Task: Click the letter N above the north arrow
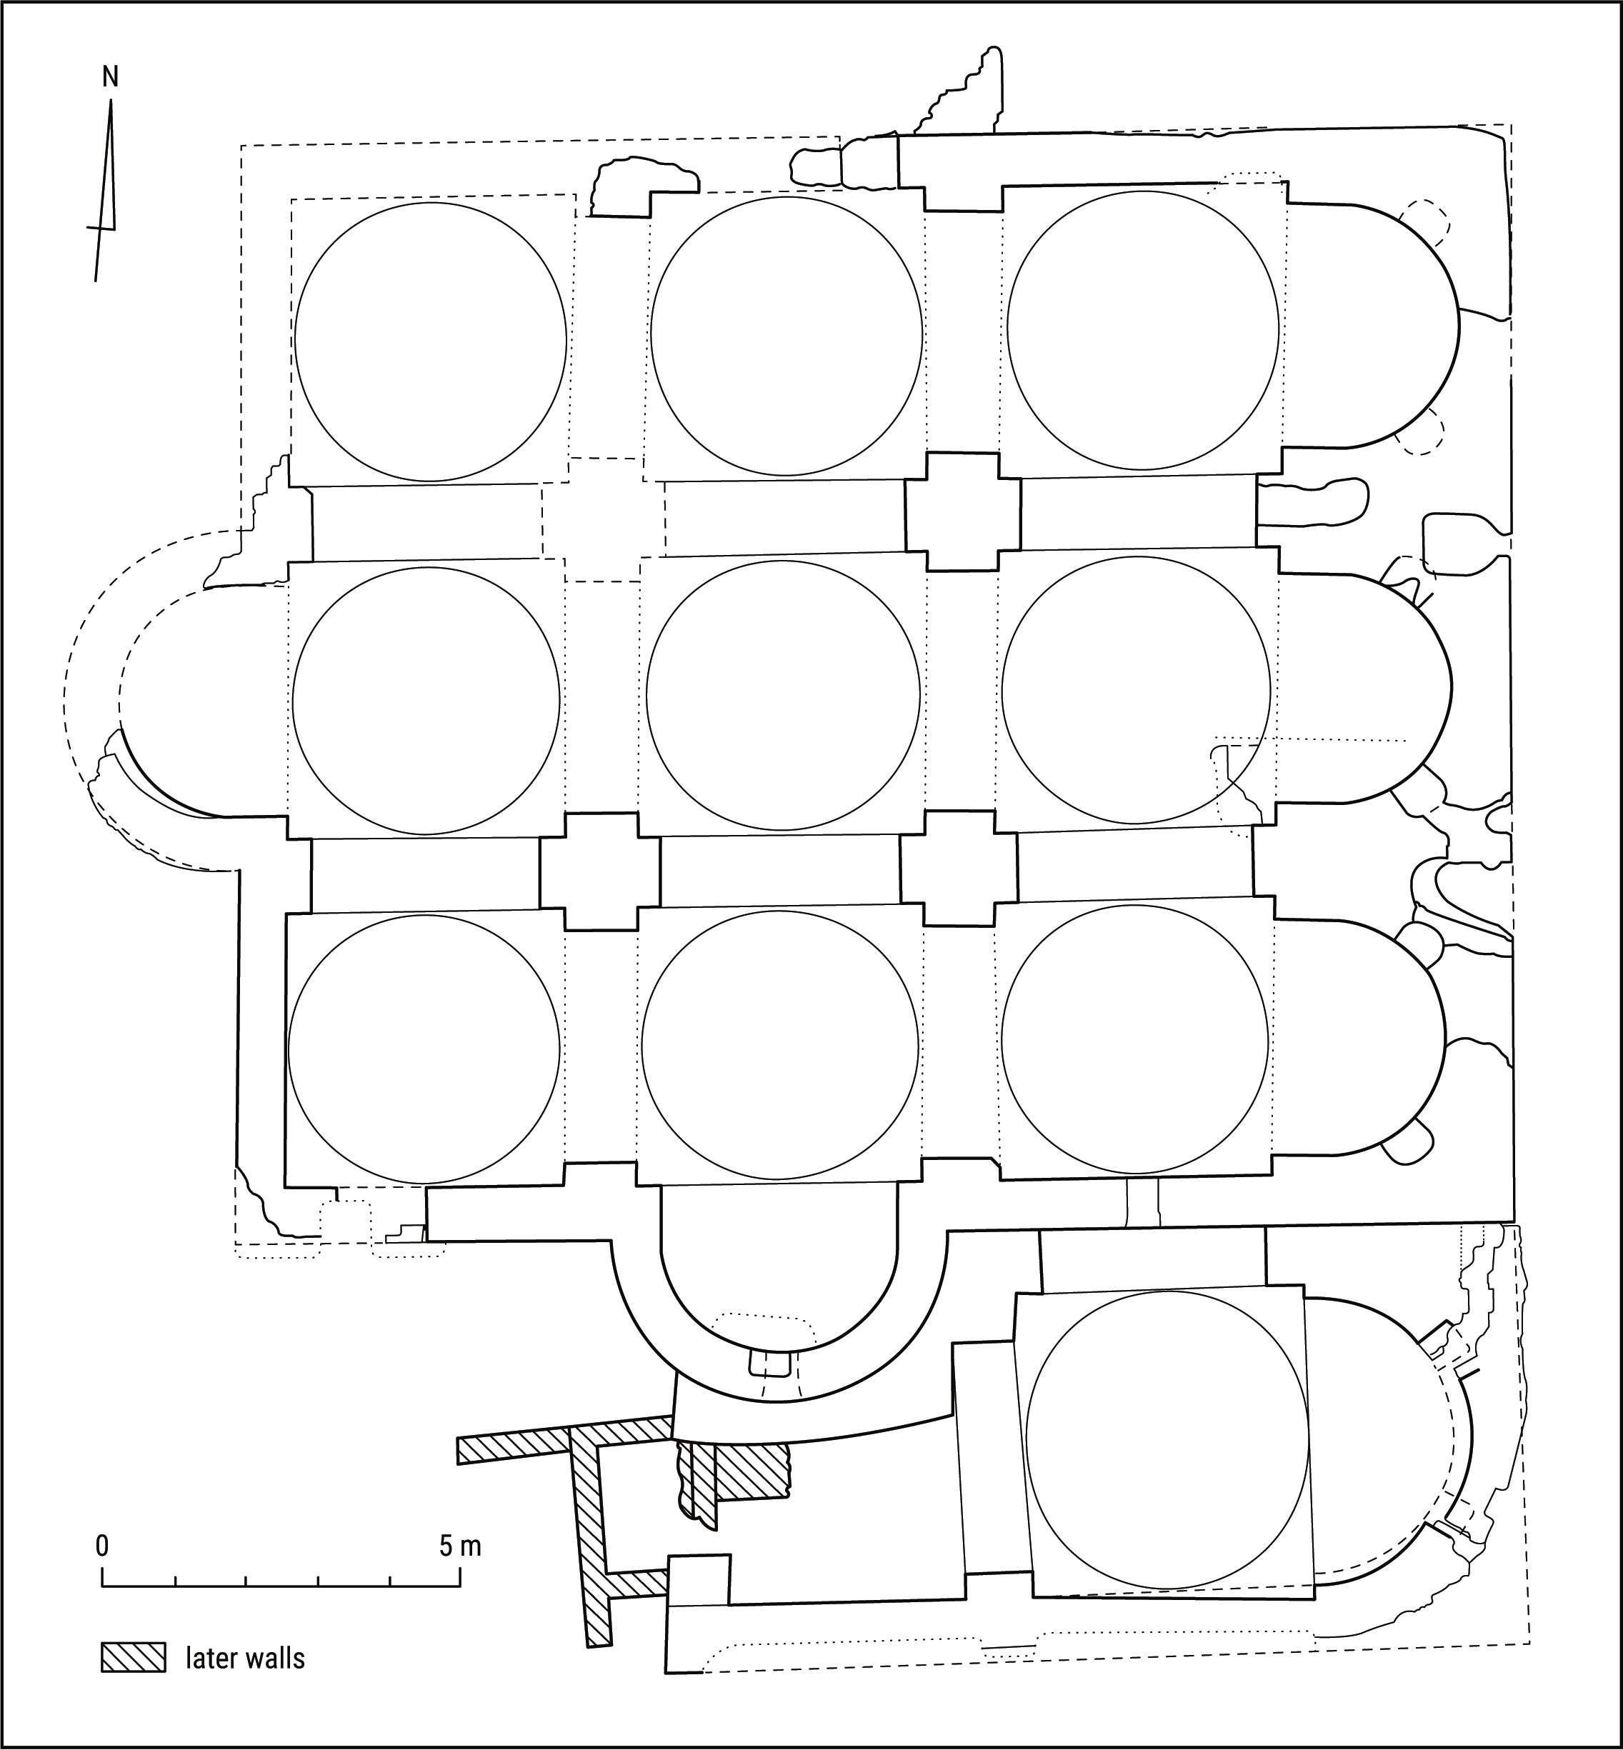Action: coord(110,77)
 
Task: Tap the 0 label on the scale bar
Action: coord(103,1546)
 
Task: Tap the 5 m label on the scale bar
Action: coord(459,1546)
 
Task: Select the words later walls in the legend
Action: coord(245,1658)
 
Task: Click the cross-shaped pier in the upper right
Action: coord(962,512)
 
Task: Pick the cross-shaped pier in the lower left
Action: coord(600,871)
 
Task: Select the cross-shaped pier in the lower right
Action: coord(959,869)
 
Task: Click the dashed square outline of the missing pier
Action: coord(604,520)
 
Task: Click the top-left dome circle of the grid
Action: coord(430,341)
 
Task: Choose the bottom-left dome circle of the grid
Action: coord(424,1049)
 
